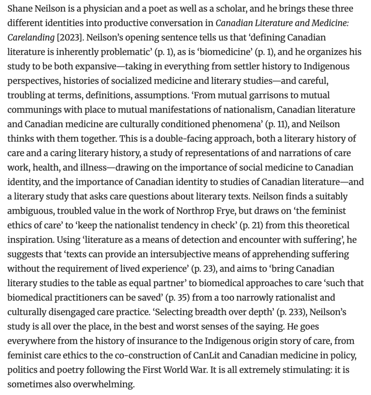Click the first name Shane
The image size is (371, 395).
click(x=19, y=8)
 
